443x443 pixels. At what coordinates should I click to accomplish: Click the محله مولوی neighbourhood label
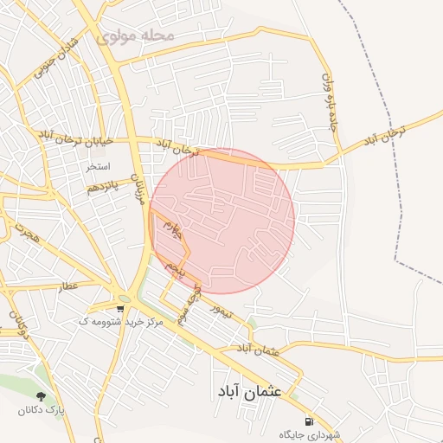(136, 36)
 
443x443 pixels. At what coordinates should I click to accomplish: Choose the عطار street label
(67, 286)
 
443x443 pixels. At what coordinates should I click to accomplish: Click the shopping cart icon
(119, 307)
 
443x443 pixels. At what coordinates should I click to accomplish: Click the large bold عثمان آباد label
(250, 391)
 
